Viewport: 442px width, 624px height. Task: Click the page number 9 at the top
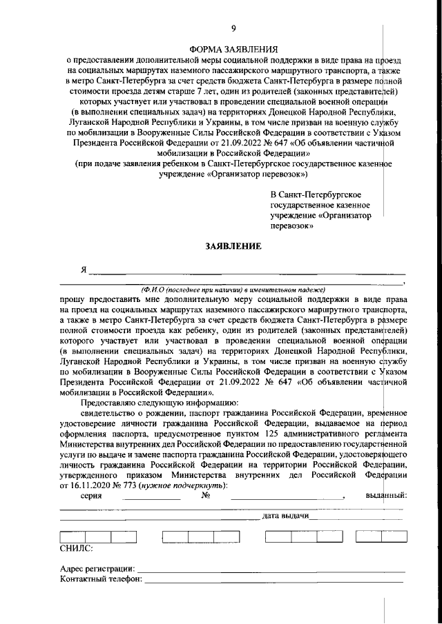point(233,28)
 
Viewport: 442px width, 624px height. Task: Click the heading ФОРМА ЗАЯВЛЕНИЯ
point(233,50)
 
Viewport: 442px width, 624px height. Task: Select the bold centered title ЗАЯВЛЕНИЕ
point(233,247)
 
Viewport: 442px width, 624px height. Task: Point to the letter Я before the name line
point(84,270)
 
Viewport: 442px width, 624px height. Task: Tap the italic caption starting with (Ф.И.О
point(233,290)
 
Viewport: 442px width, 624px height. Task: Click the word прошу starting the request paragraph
point(75,300)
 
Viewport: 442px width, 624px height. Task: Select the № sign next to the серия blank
point(206,496)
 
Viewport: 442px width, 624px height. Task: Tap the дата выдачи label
point(285,516)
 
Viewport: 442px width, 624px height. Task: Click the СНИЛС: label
point(74,548)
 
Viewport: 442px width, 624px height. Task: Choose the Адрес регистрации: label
point(97,569)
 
